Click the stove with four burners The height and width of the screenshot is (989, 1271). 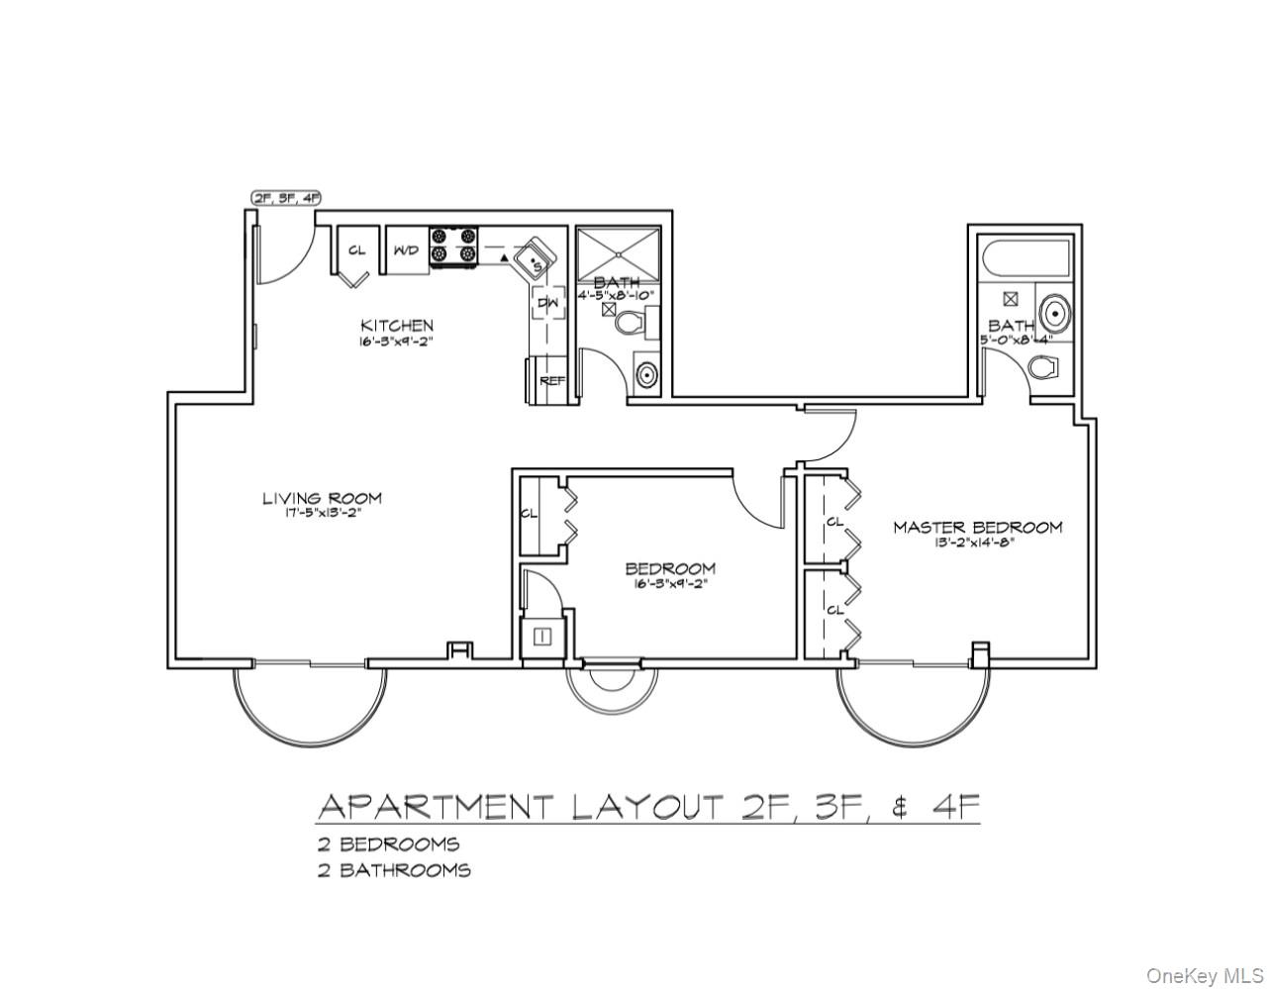(x=454, y=246)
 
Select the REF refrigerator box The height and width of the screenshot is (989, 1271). (x=551, y=380)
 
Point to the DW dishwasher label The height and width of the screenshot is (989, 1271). (x=548, y=301)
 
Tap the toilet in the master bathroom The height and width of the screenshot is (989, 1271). (x=1044, y=368)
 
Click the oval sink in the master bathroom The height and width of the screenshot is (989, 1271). (x=1055, y=313)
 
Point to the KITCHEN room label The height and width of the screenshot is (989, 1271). (x=396, y=325)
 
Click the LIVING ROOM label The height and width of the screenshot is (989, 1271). (x=322, y=498)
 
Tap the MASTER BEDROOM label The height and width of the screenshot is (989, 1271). (x=978, y=527)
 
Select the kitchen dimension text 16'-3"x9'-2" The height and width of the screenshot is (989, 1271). (x=396, y=342)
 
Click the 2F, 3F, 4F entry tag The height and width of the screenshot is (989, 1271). (x=287, y=198)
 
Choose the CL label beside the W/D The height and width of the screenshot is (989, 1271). (x=356, y=250)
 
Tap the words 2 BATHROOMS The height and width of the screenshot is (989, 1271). (x=393, y=870)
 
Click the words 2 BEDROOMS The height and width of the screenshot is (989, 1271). (x=387, y=844)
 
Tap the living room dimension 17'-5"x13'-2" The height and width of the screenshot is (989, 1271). (x=322, y=514)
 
